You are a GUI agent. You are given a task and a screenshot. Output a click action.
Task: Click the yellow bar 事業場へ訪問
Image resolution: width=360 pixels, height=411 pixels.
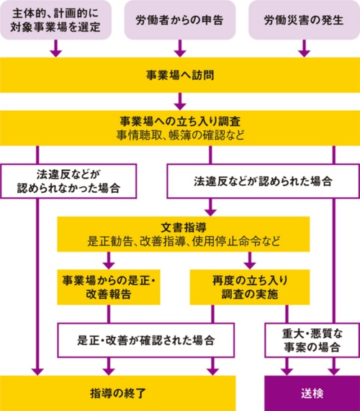tap(180, 74)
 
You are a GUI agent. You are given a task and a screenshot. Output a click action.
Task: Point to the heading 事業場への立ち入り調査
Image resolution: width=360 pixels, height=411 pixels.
tap(180, 121)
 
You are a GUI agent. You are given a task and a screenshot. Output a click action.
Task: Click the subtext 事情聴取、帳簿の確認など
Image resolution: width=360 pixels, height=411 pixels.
tap(180, 134)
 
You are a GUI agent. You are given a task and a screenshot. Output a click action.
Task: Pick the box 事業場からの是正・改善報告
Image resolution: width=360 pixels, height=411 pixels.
tap(110, 286)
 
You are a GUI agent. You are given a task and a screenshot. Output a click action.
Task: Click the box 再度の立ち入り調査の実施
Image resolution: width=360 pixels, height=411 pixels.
tap(250, 286)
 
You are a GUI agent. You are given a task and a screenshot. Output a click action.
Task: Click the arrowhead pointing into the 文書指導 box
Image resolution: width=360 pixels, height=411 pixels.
tap(210, 211)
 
